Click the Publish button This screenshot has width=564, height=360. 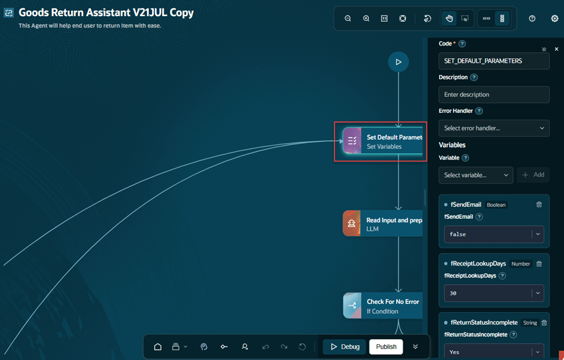coord(386,347)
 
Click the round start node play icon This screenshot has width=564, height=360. coord(398,62)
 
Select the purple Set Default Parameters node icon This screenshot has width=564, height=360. coord(352,141)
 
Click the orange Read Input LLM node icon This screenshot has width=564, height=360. coord(352,223)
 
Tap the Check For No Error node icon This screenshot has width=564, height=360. coord(352,306)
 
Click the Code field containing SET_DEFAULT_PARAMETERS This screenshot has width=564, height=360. coord(494,61)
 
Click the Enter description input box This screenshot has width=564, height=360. coord(494,94)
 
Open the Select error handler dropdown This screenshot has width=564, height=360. coord(494,128)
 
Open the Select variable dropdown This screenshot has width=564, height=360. coord(475,175)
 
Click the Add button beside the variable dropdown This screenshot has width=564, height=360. coord(533,175)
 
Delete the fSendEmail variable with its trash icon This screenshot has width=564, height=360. coord(539,205)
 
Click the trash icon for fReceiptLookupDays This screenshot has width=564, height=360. coord(539,264)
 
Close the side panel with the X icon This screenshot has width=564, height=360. coord(556,49)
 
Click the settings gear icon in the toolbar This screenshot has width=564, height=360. coord(554,19)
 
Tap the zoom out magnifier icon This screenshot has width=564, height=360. coord(348,19)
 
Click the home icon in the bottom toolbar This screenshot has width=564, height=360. coord(157,347)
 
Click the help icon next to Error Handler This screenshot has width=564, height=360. coord(478,111)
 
